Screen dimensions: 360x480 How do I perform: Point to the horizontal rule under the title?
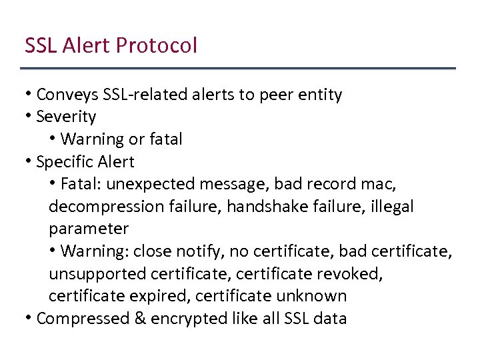point(238,68)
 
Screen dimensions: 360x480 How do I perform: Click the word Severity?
point(66,117)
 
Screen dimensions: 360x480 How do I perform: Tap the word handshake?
point(265,207)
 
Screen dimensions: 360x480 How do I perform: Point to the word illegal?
point(389,207)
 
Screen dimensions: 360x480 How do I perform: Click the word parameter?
point(89,229)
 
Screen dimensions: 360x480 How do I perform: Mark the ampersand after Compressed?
point(140,319)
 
